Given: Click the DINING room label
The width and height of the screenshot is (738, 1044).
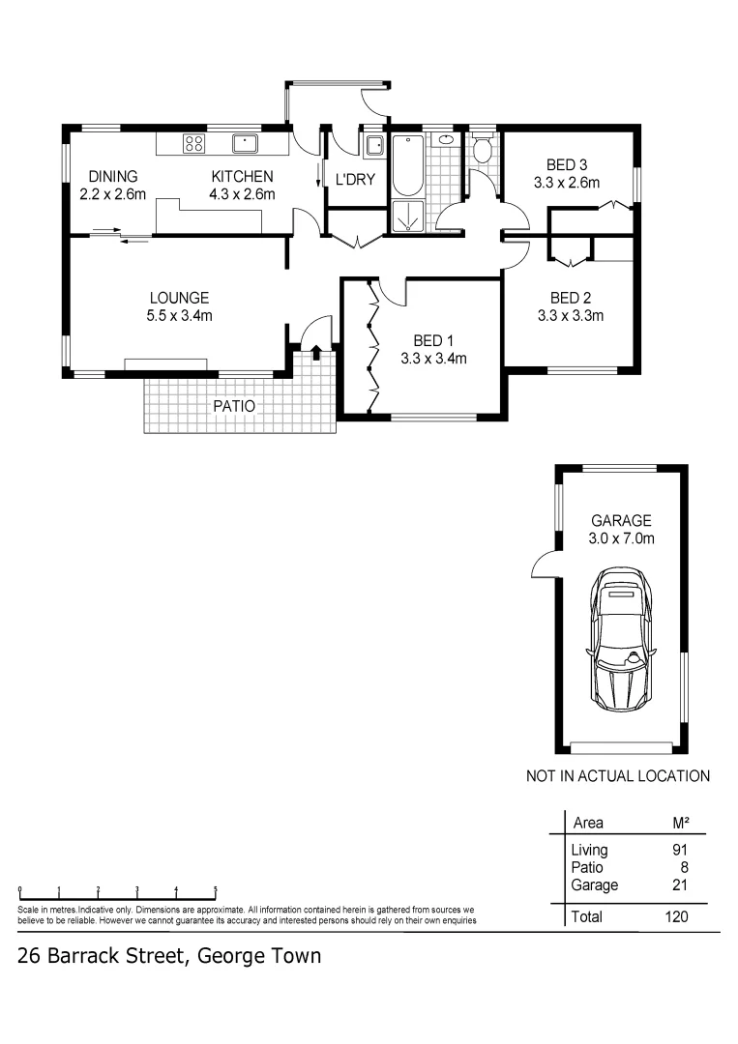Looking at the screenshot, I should [x=113, y=177].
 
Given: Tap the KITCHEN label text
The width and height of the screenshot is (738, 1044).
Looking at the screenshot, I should [x=243, y=177].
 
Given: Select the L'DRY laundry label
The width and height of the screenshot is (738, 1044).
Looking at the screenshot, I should [x=355, y=180].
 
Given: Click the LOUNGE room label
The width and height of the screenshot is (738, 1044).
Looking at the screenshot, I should [x=179, y=298].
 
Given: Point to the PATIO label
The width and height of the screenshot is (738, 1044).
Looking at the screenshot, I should [x=234, y=407].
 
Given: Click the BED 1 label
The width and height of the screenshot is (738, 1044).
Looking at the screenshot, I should [x=433, y=340].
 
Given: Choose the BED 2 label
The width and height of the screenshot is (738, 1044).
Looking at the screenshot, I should [x=571, y=298].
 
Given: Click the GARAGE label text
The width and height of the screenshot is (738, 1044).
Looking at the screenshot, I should [x=622, y=520].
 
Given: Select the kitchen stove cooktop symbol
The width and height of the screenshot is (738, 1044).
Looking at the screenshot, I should [x=193, y=144].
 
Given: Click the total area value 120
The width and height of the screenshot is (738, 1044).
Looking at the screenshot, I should [x=677, y=916].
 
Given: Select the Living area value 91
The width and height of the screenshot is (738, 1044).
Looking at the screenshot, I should [x=681, y=851].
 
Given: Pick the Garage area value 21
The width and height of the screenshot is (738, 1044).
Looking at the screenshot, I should [x=680, y=884].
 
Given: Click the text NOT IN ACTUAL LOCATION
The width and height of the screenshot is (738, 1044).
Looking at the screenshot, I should [x=618, y=775].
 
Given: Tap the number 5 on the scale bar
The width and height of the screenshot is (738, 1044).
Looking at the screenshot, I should [x=215, y=888].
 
